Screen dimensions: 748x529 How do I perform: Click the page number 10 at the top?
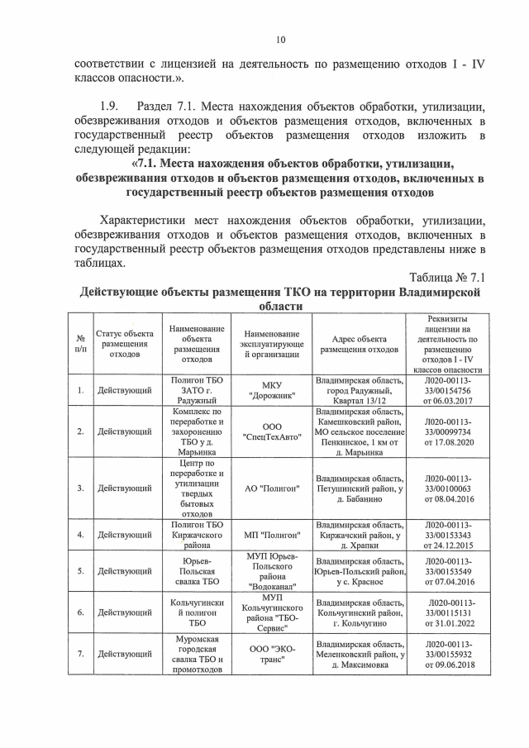click(x=280, y=39)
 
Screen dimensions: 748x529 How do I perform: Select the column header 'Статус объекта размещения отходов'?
click(x=124, y=343)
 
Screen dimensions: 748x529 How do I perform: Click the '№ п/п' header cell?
click(x=80, y=343)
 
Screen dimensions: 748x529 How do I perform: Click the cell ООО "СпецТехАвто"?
click(x=272, y=431)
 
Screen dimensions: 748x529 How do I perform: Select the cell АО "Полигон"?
click(x=272, y=488)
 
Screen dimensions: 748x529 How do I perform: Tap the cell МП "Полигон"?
click(x=272, y=535)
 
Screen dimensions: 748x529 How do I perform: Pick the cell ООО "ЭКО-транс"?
click(x=272, y=654)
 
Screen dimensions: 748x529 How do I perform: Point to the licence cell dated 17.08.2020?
click(x=447, y=431)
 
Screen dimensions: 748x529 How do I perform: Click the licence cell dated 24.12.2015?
click(x=447, y=535)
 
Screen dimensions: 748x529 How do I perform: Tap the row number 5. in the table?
click(x=80, y=570)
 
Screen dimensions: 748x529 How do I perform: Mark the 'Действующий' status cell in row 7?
click(x=124, y=654)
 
